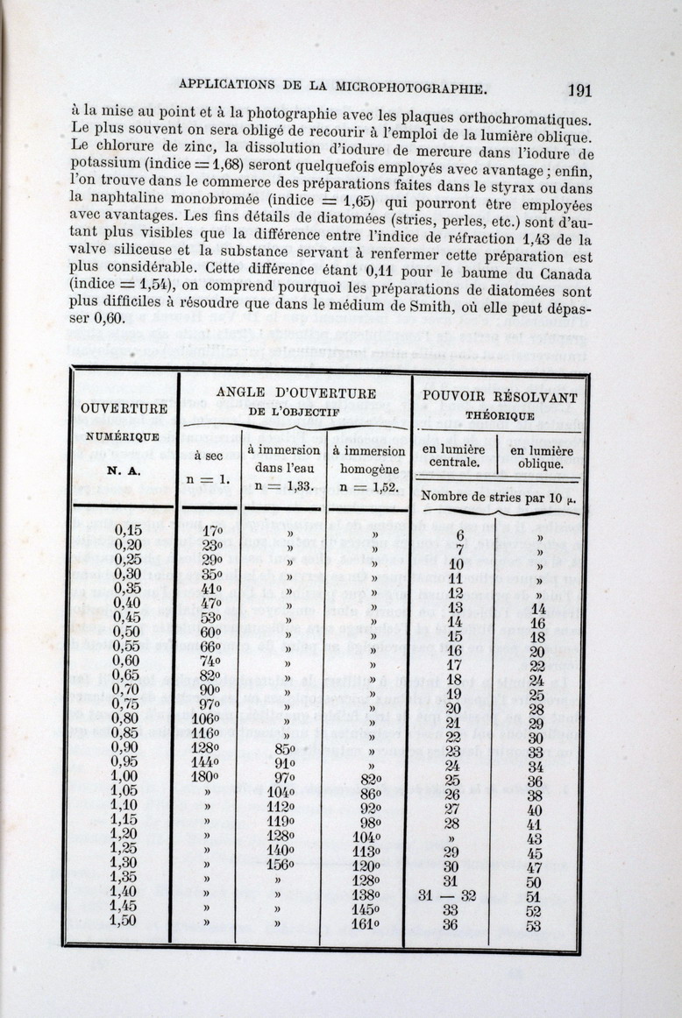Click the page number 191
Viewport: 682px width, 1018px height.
[x=579, y=89]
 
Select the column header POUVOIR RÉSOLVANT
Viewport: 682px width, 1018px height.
[x=500, y=397]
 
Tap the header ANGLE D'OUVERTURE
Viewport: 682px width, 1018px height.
[x=296, y=393]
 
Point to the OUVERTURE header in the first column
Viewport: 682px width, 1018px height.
[x=124, y=408]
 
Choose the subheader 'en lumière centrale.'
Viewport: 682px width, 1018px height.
[x=453, y=456]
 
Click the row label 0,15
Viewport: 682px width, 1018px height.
[x=129, y=530]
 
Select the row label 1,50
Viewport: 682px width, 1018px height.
[x=124, y=922]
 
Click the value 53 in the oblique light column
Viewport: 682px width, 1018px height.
[x=534, y=925]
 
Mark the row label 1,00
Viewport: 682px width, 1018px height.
[x=125, y=777]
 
